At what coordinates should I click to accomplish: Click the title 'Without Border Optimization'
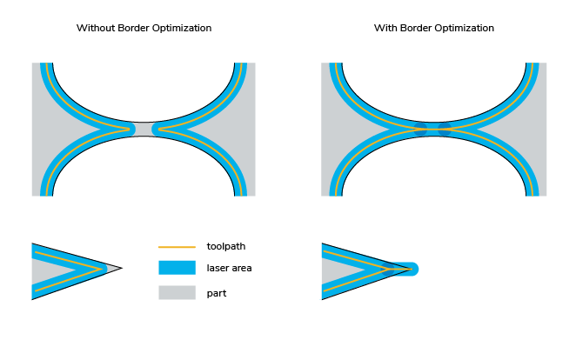pos(144,29)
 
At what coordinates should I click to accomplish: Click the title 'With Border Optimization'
pos(434,29)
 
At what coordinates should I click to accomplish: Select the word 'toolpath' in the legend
pos(226,246)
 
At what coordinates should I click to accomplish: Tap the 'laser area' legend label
pos(229,269)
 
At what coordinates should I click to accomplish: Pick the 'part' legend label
pos(217,293)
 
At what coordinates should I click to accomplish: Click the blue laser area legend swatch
pos(177,269)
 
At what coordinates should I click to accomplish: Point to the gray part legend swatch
pos(177,293)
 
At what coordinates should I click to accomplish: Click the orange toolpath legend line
pos(177,246)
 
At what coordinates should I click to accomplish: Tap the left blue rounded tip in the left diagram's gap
pos(130,129)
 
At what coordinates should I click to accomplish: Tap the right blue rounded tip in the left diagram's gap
pos(158,129)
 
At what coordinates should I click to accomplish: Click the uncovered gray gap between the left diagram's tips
pos(144,129)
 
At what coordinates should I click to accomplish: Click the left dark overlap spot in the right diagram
pos(422,129)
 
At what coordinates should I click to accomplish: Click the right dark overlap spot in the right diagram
pos(445,129)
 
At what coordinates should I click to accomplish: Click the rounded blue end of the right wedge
pos(412,269)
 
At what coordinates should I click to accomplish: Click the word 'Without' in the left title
pos(94,29)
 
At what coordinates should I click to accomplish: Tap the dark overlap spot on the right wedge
pos(389,269)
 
